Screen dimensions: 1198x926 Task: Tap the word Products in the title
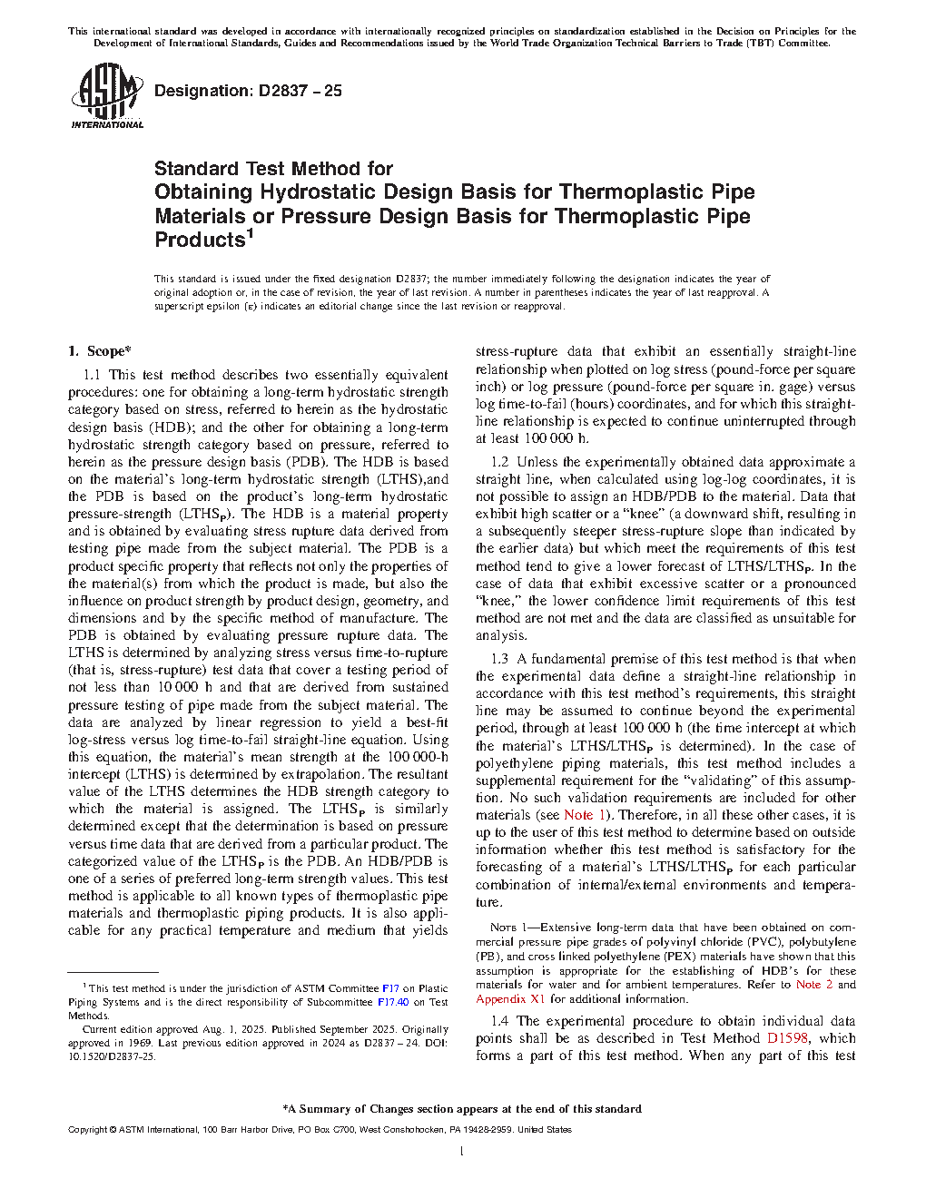click(x=200, y=241)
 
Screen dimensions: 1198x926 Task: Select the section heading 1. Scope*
click(x=100, y=351)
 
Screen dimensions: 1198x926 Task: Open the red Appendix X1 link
click(x=510, y=999)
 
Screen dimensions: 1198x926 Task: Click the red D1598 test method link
click(x=787, y=1038)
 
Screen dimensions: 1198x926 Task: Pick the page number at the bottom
click(x=462, y=1152)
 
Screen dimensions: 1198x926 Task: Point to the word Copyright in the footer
click(x=87, y=1130)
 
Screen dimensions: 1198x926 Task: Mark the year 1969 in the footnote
click(x=141, y=1044)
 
